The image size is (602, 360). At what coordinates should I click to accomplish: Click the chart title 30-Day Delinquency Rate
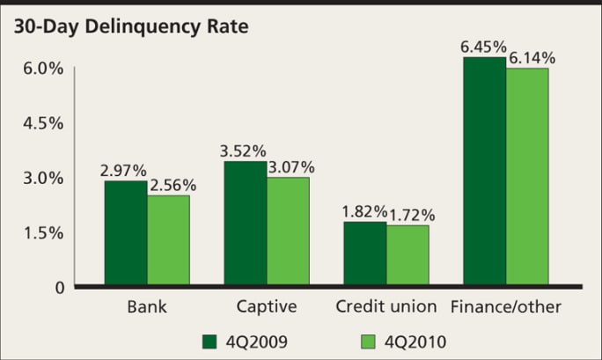coord(130,26)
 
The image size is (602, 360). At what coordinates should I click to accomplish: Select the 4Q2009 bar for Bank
coord(126,234)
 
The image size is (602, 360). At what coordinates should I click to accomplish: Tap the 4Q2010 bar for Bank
coord(168,241)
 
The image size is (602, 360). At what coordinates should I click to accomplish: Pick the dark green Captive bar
coord(246,224)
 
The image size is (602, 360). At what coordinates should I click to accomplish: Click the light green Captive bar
coord(288,232)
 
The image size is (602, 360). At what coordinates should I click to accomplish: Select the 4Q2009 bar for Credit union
coord(365,254)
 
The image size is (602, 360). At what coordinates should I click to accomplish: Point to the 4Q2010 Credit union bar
coord(407,256)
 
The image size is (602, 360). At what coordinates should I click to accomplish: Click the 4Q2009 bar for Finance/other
coord(485,173)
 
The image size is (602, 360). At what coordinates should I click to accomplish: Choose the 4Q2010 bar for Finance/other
coord(527,178)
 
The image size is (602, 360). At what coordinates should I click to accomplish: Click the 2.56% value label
coord(173,185)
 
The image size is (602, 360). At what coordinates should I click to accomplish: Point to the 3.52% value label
coord(243,150)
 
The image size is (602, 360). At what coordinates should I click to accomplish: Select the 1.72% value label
coord(411,214)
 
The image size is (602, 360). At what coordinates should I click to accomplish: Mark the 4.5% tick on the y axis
coord(41,123)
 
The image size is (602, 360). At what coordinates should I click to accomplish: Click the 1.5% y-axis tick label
coord(41,233)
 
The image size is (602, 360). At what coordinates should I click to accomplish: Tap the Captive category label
coord(266,307)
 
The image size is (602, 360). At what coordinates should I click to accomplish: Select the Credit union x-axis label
coord(386,307)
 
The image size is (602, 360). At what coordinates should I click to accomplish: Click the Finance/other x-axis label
coord(505,307)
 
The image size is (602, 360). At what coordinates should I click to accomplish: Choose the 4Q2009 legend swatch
coord(209,341)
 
